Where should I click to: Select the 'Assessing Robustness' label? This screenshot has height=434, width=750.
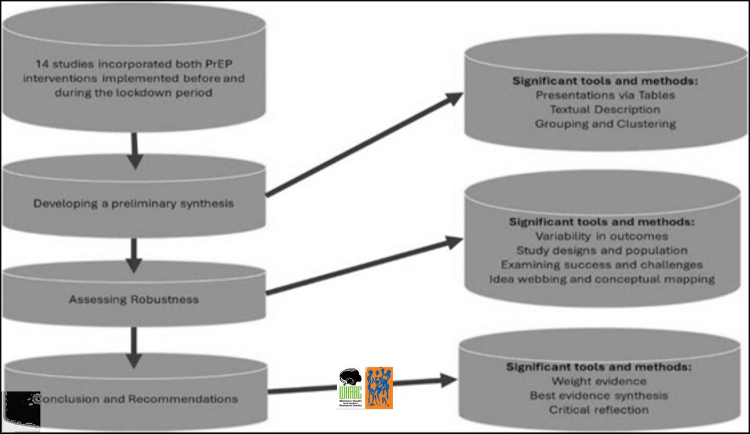tap(134, 299)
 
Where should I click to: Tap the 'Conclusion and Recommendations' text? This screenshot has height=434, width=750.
tap(136, 398)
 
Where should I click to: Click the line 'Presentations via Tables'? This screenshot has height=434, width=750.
tap(604, 96)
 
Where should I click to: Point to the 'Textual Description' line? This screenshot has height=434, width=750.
tap(604, 109)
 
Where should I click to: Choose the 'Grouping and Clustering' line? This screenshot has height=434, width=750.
tap(605, 124)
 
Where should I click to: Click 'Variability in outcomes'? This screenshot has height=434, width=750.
tap(601, 236)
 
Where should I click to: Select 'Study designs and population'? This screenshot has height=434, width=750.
tap(602, 250)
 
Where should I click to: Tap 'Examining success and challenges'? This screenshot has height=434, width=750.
tap(602, 265)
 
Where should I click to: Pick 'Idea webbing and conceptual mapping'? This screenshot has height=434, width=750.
tap(602, 279)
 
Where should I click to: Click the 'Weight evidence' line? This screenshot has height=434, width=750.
tap(599, 381)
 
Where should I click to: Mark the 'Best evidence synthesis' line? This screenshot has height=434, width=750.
tap(599, 395)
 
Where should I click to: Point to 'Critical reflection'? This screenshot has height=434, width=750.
tap(599, 410)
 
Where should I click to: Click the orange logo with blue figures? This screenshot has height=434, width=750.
tap(379, 388)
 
